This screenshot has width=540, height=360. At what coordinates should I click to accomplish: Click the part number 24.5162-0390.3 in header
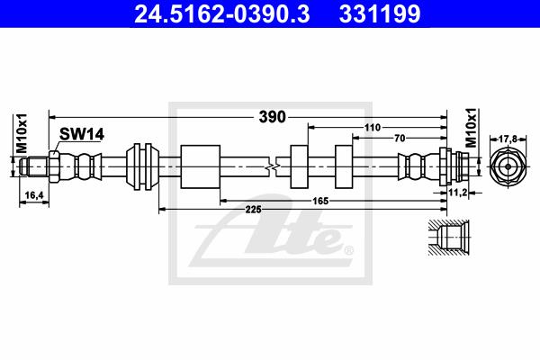[x=222, y=14]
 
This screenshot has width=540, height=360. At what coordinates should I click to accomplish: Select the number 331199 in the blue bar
[x=380, y=14]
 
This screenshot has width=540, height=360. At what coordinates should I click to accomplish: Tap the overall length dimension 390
[x=272, y=117]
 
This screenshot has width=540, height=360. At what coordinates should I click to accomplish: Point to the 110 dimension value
[x=373, y=128]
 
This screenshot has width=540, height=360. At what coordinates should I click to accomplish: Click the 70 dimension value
[x=400, y=138]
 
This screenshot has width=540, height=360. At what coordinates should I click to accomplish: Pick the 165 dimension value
[x=320, y=201]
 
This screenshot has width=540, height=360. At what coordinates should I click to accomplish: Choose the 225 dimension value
[x=254, y=209]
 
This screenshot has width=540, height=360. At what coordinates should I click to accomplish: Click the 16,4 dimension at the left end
[x=34, y=195]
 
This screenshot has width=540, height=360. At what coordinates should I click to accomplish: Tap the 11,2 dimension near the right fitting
[x=458, y=193]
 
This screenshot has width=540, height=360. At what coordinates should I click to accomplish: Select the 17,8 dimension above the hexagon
[x=508, y=139]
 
